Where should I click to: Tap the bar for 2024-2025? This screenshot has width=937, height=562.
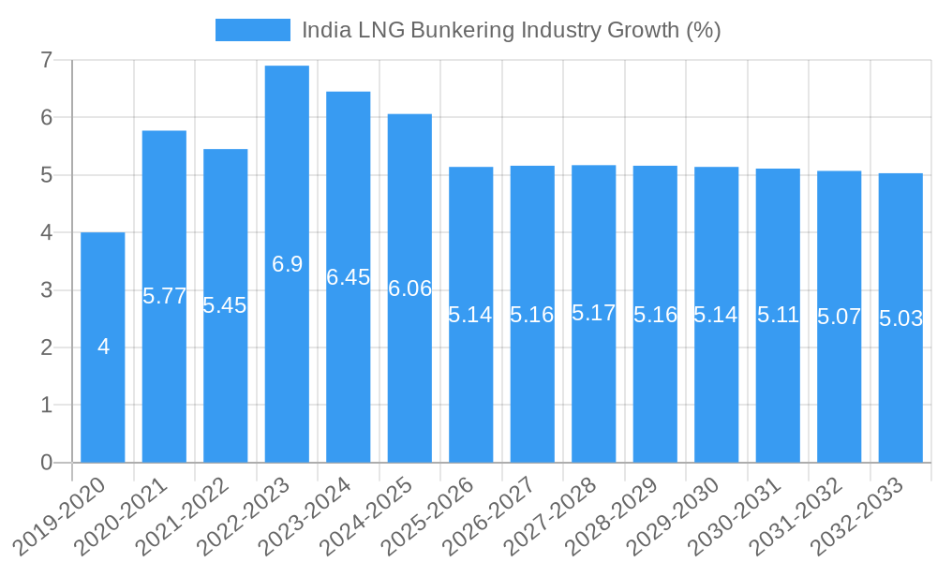click(x=409, y=375)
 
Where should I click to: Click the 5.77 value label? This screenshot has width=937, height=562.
click(x=165, y=296)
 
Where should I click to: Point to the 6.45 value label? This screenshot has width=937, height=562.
click(x=349, y=277)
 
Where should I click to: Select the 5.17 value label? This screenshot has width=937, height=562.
click(x=594, y=313)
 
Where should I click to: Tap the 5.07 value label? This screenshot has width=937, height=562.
click(x=840, y=317)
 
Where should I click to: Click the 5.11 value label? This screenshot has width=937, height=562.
click(x=778, y=315)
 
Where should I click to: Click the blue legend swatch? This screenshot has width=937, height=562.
click(x=252, y=30)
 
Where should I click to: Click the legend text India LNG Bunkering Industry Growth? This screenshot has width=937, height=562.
click(x=511, y=30)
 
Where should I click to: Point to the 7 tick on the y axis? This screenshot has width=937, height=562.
click(x=46, y=60)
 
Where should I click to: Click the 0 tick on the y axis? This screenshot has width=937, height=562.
click(x=46, y=463)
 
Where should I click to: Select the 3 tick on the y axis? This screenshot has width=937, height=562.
click(x=46, y=290)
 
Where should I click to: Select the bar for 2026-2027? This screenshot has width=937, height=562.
click(x=532, y=393)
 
